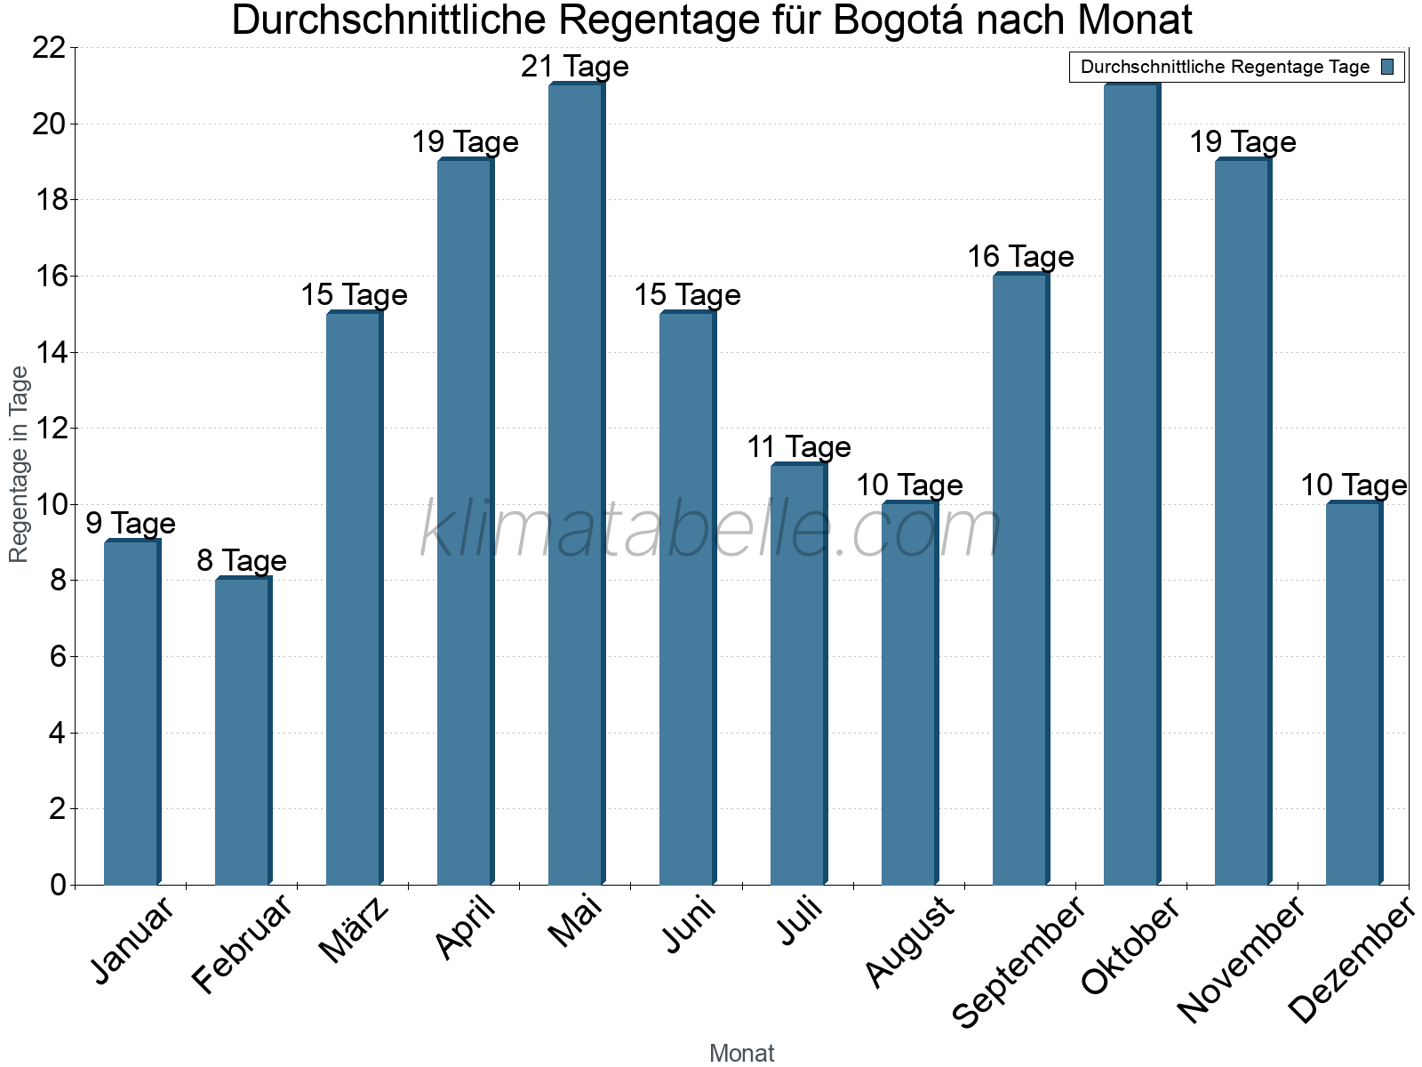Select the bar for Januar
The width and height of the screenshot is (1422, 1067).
pyautogui.click(x=132, y=712)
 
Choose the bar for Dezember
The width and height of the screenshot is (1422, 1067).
pyautogui.click(x=1354, y=694)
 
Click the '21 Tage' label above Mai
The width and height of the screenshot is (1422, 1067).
pyautogui.click(x=575, y=67)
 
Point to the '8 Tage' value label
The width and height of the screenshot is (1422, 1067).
pyautogui.click(x=242, y=561)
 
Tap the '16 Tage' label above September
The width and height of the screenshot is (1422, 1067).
pyautogui.click(x=1020, y=257)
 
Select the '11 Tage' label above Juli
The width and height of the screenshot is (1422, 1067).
pyautogui.click(x=798, y=447)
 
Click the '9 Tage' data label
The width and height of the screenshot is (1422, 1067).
pyautogui.click(x=131, y=524)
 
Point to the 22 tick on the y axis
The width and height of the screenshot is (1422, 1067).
pyautogui.click(x=49, y=48)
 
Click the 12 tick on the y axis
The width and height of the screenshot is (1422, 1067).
pyautogui.click(x=49, y=429)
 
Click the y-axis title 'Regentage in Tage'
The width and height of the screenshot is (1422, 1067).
pyautogui.click(x=20, y=465)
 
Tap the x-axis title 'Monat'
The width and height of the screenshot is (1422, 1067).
pyautogui.click(x=742, y=1054)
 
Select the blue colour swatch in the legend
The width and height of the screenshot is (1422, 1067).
pyautogui.click(x=1387, y=67)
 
